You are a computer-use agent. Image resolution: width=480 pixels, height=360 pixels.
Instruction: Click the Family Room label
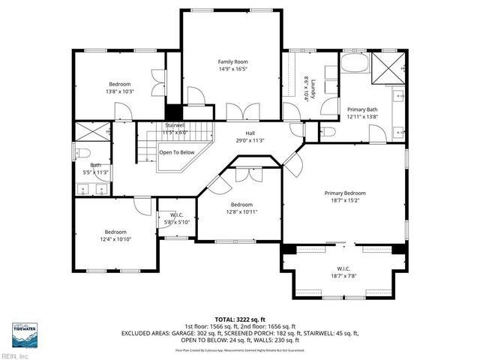click(232, 61)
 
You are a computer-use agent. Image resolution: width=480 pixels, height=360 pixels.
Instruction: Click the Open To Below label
click(176, 151)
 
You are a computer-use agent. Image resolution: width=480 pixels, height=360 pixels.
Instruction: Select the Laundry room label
click(316, 88)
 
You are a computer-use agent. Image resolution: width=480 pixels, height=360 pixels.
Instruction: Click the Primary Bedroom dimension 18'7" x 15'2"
click(345, 200)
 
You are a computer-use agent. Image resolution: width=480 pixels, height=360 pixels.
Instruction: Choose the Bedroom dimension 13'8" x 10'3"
click(120, 91)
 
